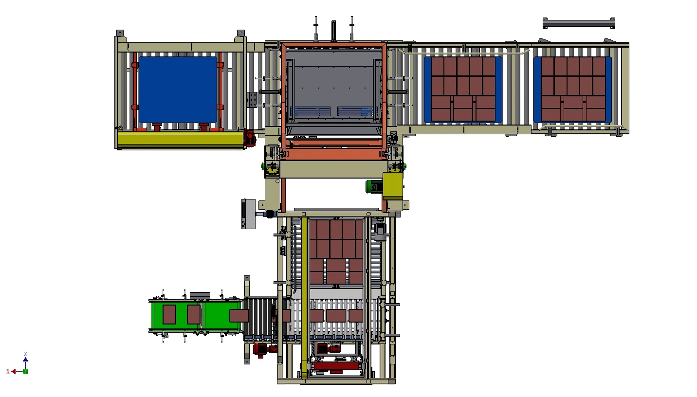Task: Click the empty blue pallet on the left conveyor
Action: coord(178,90)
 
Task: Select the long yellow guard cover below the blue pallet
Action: coord(180,140)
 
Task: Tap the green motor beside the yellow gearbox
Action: coord(374,186)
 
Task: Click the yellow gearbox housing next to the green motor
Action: coord(393,185)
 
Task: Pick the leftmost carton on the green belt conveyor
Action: coord(169,314)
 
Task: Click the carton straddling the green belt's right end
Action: coord(239,315)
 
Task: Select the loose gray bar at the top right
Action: coord(579,23)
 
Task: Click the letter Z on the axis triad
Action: coord(25,354)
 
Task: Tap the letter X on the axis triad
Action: coord(8,372)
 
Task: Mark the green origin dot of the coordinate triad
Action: coord(25,371)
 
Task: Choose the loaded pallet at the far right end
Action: coord(572,89)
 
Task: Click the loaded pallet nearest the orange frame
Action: coord(463,89)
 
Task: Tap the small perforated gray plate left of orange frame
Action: coord(252,100)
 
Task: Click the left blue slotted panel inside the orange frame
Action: coord(310,112)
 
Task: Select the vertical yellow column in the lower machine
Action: coord(305,297)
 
